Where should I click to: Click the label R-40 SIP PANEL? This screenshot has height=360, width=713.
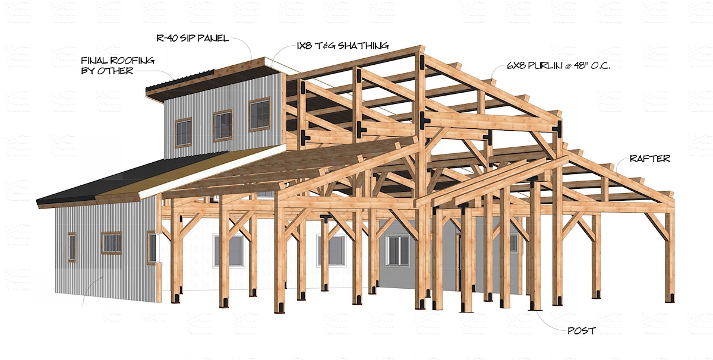pyautogui.click(x=193, y=38)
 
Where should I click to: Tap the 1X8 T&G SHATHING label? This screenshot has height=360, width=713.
pyautogui.click(x=342, y=46)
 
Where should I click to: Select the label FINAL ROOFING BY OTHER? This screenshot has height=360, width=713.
pyautogui.click(x=118, y=65)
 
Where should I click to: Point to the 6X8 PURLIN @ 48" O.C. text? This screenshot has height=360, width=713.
pyautogui.click(x=559, y=65)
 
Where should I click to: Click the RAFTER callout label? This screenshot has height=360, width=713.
pyautogui.click(x=650, y=159)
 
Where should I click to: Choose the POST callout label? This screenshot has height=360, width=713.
pyautogui.click(x=582, y=331)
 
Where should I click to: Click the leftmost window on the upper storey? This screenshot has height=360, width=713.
pyautogui.click(x=184, y=132)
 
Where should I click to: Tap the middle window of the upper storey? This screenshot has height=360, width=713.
pyautogui.click(x=223, y=125)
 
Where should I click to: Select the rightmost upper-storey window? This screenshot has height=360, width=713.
pyautogui.click(x=260, y=114)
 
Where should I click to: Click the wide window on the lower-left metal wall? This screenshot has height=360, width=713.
pyautogui.click(x=112, y=243)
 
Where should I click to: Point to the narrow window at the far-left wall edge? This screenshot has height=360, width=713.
pyautogui.click(x=72, y=247)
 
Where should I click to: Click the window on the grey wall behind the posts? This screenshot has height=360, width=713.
pyautogui.click(x=397, y=251)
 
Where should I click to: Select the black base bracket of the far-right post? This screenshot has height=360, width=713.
pyautogui.click(x=670, y=298)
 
